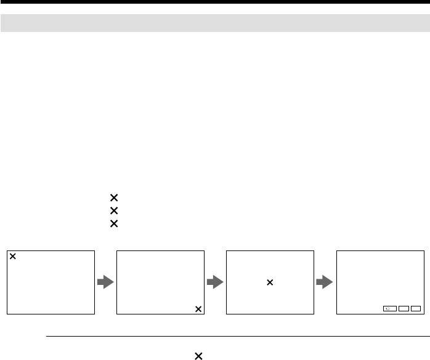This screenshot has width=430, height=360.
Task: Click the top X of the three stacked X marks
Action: [x=113, y=198]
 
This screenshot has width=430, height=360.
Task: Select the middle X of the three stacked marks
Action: [x=113, y=210]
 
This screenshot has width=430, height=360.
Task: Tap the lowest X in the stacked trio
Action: [x=113, y=223]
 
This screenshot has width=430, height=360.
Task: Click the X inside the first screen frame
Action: [x=14, y=256]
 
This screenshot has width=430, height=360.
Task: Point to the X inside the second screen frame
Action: [x=198, y=309]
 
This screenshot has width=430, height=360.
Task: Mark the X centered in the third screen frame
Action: [x=269, y=282]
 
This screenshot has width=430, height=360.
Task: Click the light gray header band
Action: [x=215, y=23]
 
